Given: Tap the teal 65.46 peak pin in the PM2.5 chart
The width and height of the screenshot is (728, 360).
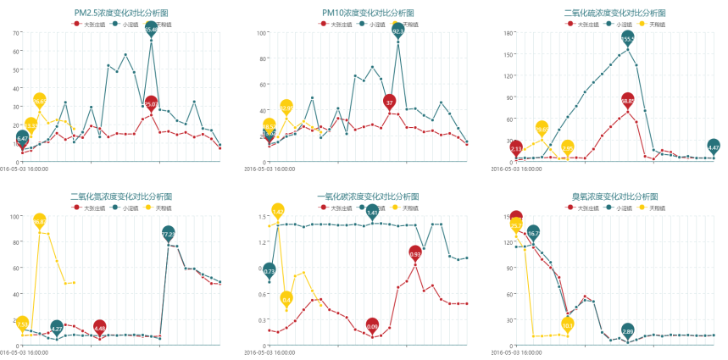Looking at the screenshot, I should (x=151, y=30).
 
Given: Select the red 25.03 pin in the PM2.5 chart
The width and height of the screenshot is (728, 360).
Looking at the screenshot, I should (x=151, y=104).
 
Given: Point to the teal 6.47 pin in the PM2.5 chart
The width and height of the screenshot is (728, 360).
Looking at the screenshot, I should (x=22, y=137).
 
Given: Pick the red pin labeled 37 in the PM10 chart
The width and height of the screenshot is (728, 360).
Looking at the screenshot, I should (x=389, y=102).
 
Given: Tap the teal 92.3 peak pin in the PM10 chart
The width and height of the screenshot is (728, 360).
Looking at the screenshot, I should (x=397, y=31).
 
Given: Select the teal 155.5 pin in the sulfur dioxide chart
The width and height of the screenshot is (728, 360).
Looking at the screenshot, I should (x=627, y=39).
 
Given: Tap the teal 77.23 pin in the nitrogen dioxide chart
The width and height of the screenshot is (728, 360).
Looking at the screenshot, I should (x=168, y=233).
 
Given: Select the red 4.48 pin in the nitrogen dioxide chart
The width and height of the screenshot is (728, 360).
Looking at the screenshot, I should (x=100, y=328).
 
